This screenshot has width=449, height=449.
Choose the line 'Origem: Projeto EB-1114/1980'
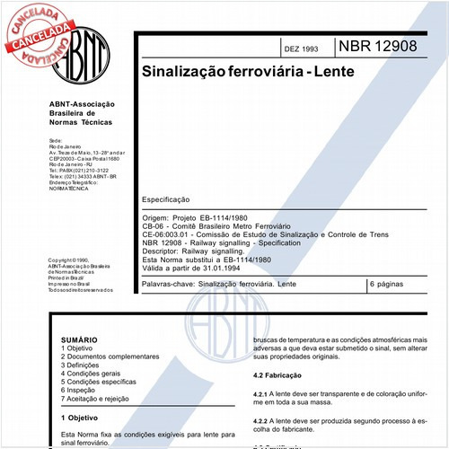click(195, 218)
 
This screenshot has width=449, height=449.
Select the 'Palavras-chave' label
click(167, 284)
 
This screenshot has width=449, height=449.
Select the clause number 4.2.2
click(263, 421)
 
